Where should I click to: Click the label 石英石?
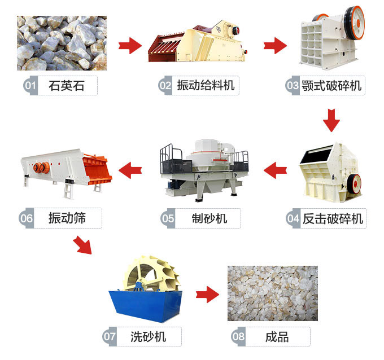coord(67,86)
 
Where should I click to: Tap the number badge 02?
coord(165,86)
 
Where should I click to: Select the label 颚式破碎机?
coord(331,86)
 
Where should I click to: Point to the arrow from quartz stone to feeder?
coord(130,45)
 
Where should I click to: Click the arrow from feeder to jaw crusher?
coord(276,45)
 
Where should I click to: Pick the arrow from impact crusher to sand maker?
coord(277,168)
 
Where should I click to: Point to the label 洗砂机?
coord(148,337)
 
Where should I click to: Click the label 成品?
coord(277,337)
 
